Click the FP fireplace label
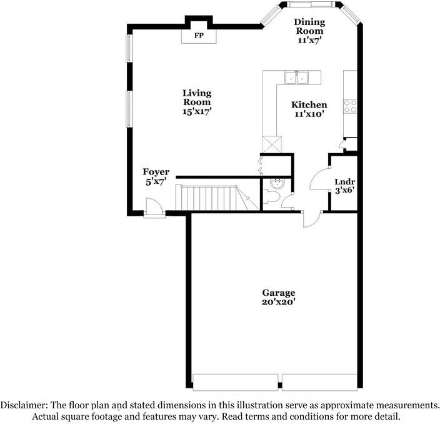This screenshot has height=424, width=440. [199, 36]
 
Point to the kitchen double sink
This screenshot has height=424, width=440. [297, 78]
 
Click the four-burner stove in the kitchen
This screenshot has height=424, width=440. [350, 106]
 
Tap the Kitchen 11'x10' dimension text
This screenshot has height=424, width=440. [309, 114]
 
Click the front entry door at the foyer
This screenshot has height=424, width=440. [152, 208]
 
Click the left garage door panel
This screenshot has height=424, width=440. [235, 381]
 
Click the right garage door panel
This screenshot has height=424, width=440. [319, 381]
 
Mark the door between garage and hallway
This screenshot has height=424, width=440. [310, 219]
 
